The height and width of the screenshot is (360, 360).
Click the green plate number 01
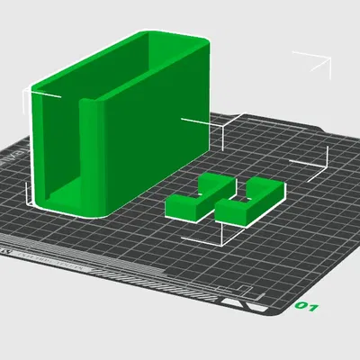(307, 308)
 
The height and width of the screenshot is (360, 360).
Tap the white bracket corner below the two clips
(219, 238)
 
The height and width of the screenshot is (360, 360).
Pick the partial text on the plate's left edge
(11, 162)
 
